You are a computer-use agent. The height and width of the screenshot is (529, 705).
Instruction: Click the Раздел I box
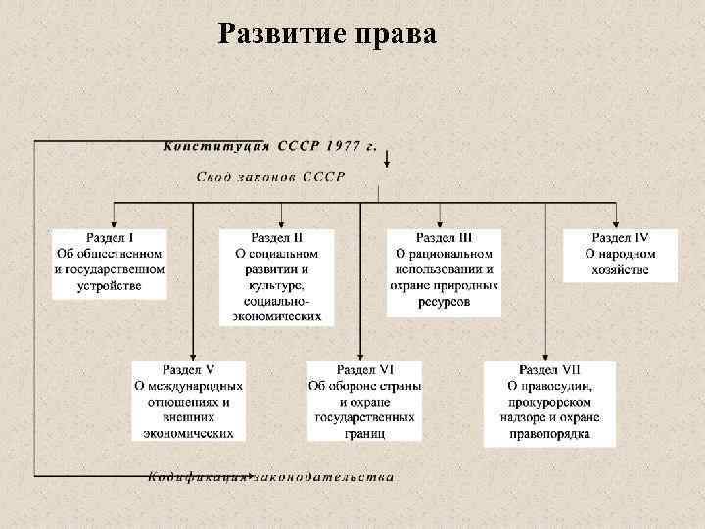tap(110, 263)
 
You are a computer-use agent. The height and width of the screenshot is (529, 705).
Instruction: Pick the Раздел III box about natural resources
tap(444, 271)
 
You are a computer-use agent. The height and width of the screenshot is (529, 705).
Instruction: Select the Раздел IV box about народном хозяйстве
tap(620, 255)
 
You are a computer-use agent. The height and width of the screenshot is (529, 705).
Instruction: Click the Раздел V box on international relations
tap(189, 402)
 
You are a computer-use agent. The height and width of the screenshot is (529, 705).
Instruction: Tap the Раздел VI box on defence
tap(365, 402)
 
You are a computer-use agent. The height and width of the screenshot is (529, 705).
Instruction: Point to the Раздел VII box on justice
tap(549, 403)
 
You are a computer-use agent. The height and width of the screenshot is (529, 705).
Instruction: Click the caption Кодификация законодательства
tap(272, 478)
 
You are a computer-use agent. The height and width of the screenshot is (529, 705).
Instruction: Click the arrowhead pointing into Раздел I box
tap(115, 223)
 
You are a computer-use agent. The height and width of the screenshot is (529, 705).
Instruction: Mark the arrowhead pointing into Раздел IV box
tap(616, 223)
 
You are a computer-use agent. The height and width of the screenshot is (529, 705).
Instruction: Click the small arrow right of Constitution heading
tap(389, 159)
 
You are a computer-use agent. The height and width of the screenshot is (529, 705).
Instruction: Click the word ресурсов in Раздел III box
tap(444, 303)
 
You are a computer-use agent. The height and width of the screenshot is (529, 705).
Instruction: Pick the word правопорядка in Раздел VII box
tap(549, 434)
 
